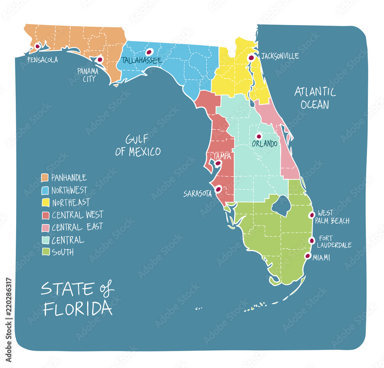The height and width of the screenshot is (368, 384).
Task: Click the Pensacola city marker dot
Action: coord(37,46)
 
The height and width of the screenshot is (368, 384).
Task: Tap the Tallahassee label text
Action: coord(141,60)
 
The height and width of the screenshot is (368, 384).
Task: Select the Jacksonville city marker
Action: coord(251,58)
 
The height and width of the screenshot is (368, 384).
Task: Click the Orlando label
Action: coord(264,144)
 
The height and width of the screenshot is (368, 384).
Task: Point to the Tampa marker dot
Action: coord(218,163)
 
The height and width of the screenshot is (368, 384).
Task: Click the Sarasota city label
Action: coord(197,194)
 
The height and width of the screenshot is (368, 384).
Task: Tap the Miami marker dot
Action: coord(308,256)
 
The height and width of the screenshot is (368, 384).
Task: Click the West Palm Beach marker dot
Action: coord(312,215)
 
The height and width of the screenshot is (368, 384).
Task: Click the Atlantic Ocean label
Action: coord(315,98)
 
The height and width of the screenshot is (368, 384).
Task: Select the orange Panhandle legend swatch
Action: coord(45,178)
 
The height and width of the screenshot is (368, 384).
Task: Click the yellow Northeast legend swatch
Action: coord(45,203)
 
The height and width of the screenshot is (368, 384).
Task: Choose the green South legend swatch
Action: coord(45,252)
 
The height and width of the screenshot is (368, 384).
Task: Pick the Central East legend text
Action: coord(77,227)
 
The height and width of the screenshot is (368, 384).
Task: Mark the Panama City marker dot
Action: coord(99,59)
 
